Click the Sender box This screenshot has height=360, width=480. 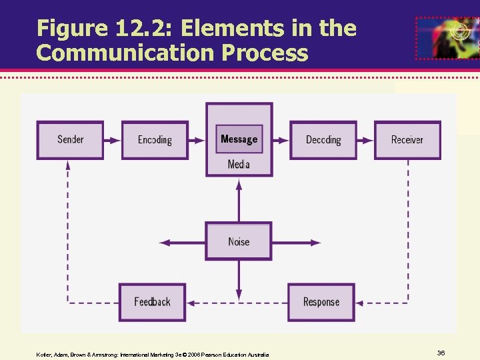coord(70,140)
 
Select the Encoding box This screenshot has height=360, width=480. coord(155,140)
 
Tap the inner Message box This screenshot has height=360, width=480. coord(239,139)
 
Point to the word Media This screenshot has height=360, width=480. coord(239,164)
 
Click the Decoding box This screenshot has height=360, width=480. coord(323,140)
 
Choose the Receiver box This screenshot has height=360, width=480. coord(407,140)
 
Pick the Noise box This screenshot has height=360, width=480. coord(239,241)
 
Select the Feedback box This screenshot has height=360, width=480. coord(152,302)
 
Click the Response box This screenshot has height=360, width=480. coord(321,302)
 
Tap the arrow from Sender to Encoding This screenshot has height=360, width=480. coord(113,140)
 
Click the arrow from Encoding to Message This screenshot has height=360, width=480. coord(197,140)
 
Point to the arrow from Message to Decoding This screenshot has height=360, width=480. coord(281,140)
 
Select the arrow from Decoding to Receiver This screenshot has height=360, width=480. coord(366,140)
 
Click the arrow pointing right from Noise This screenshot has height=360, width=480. coord(296,241)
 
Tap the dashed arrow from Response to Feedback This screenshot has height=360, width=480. coord(237,303)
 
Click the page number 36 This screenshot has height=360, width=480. coord(441,352)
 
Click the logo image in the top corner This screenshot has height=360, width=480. coord(446,38)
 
